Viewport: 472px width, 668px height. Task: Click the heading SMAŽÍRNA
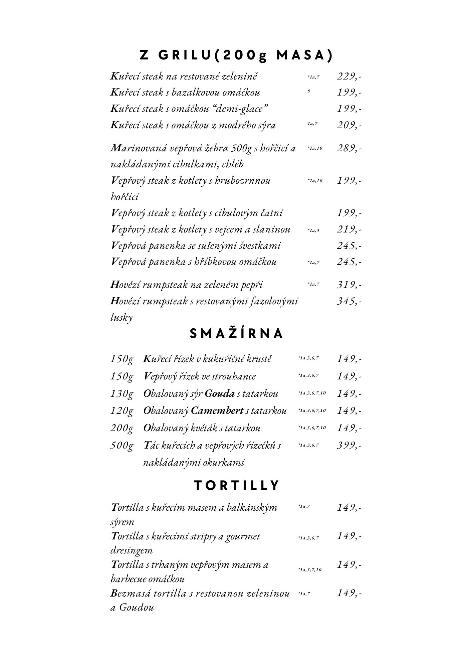coord(236,334)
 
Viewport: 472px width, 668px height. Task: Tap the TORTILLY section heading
coord(236,486)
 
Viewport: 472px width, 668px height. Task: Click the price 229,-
coord(349,76)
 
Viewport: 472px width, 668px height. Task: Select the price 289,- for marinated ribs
coord(349,148)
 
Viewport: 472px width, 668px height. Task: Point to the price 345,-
coord(349,301)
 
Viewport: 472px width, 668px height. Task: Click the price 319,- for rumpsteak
coord(349,285)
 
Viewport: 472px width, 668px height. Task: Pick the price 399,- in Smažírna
coord(349,445)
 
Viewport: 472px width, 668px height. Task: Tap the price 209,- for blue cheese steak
coord(349,125)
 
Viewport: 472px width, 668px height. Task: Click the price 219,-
coord(349,229)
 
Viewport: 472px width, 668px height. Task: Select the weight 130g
coord(122,394)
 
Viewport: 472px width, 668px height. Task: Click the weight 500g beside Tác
coord(122,445)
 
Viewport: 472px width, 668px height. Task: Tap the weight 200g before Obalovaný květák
coord(122,428)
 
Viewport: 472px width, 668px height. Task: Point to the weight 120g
coord(122,411)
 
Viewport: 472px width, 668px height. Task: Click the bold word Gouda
coord(220,394)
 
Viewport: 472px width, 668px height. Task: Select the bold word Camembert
coord(217,410)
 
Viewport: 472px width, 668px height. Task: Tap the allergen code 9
coord(309,91)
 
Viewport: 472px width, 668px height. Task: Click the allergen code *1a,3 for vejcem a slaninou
coord(313,230)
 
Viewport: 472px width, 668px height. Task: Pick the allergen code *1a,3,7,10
coord(310,569)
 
